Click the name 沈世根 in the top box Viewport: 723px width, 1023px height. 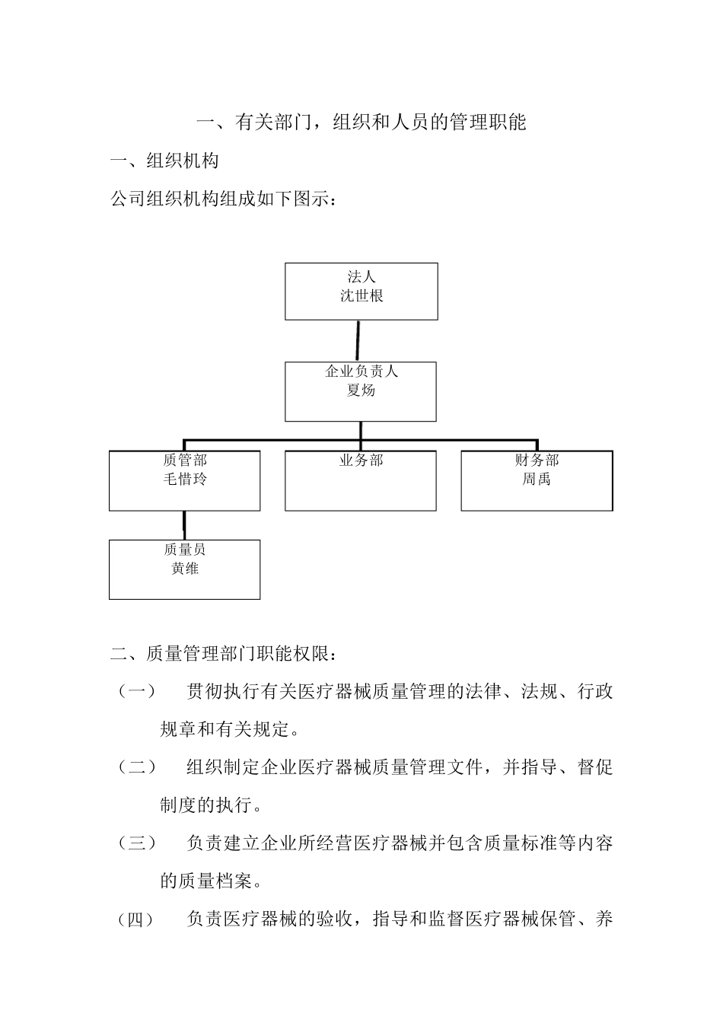click(361, 296)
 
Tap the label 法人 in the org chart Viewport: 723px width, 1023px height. click(361, 277)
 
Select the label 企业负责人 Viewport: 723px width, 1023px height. click(361, 371)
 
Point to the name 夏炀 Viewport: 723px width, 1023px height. click(361, 390)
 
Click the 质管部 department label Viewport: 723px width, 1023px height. click(185, 460)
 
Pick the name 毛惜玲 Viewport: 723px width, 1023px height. click(185, 479)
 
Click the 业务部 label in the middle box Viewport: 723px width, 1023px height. click(361, 460)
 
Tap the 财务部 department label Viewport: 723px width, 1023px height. click(537, 460)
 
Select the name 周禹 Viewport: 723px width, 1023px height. click(537, 479)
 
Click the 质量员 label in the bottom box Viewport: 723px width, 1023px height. click(185, 549)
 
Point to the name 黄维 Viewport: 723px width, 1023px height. click(185, 568)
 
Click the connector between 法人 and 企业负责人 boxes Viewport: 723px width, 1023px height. click(358, 340)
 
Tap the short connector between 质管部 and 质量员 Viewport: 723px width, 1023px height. click(184, 525)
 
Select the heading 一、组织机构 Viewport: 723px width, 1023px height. click(164, 161)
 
